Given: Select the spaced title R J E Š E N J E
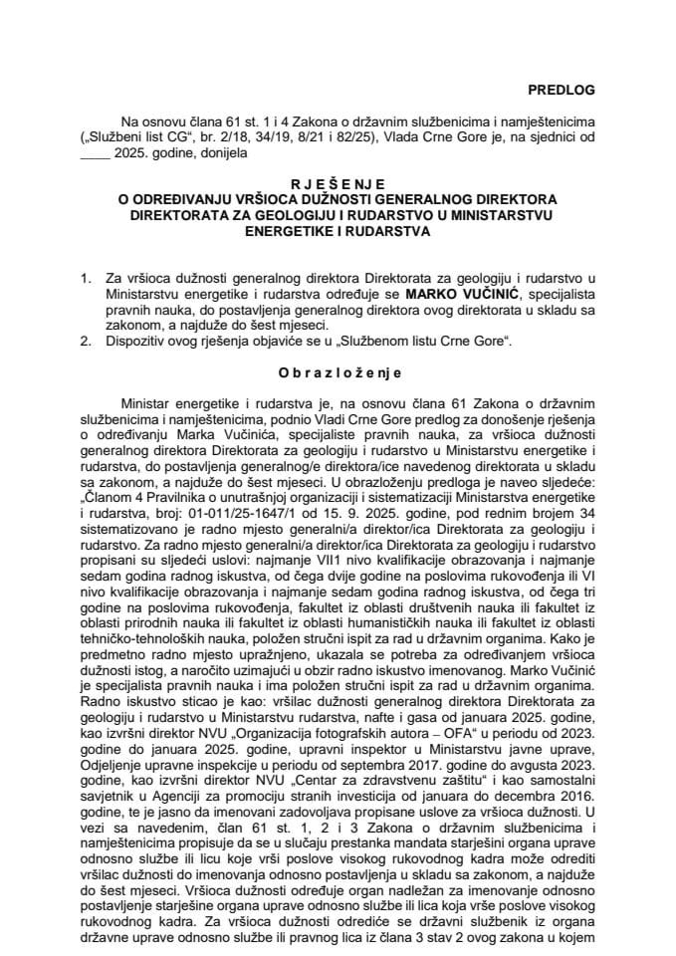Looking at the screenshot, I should click(x=337, y=186).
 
